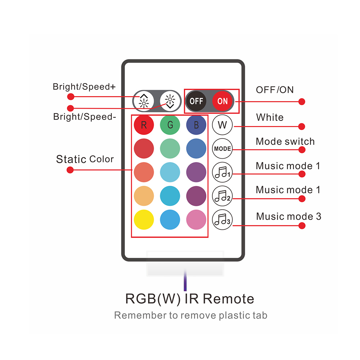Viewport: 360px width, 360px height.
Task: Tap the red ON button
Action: pos(222,101)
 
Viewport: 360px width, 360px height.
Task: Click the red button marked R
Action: pos(144,125)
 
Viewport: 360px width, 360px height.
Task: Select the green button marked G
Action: pos(170,125)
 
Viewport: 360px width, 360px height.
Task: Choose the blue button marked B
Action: pos(196,125)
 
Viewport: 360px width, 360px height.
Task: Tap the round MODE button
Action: pos(222,149)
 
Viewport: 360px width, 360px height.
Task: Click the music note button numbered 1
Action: pos(222,172)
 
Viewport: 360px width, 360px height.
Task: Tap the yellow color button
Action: pos(144,220)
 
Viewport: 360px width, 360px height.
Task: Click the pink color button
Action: pos(196,220)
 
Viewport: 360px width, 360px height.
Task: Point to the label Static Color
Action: pos(85,159)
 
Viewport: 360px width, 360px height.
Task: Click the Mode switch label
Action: pos(285,141)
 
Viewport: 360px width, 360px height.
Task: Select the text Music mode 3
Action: pos(288,216)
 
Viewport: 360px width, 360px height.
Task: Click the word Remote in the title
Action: pos(228,299)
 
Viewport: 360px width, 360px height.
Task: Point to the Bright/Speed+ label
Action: pos(84,87)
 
